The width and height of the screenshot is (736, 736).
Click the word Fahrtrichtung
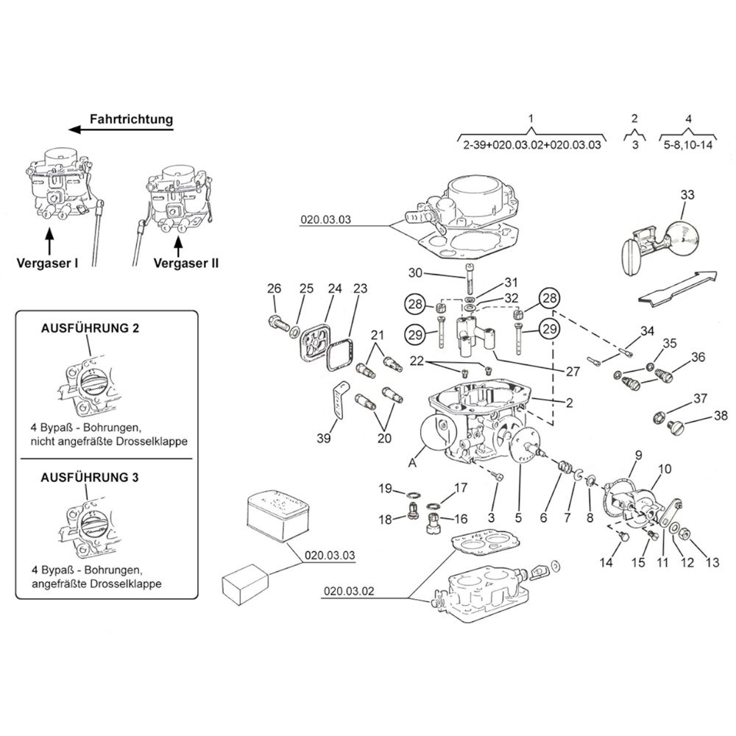click(x=131, y=118)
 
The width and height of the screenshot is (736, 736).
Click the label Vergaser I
click(x=49, y=263)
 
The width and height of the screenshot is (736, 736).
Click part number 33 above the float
click(x=687, y=195)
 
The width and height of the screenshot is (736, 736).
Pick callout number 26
click(x=274, y=288)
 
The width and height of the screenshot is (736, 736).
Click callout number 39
click(x=324, y=439)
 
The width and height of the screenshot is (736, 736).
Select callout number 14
click(x=606, y=564)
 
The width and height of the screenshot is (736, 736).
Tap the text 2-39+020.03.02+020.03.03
click(x=532, y=146)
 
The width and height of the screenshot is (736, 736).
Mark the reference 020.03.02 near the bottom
click(x=348, y=591)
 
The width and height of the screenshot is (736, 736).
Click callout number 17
click(x=461, y=487)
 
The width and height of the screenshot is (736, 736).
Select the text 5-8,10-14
click(x=688, y=146)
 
